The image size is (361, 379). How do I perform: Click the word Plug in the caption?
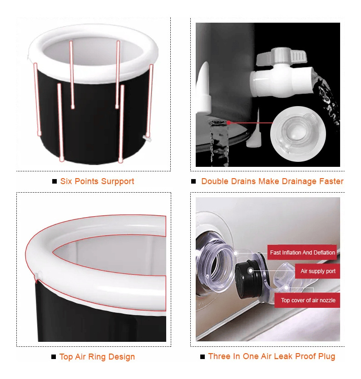[326, 356]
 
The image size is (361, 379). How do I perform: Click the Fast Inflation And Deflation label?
[302, 253]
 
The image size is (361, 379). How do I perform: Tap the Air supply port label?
[317, 271]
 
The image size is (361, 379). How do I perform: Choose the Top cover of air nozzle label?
[307, 300]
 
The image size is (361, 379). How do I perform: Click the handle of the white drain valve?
[282, 56]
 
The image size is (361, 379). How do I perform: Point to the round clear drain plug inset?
[298, 134]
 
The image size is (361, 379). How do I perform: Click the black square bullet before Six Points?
[54, 181]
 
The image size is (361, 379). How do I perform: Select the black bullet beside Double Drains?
[193, 181]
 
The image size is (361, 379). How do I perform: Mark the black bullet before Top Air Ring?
[54, 357]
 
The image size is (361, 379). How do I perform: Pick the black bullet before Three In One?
[203, 356]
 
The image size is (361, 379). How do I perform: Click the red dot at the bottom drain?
[228, 122]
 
